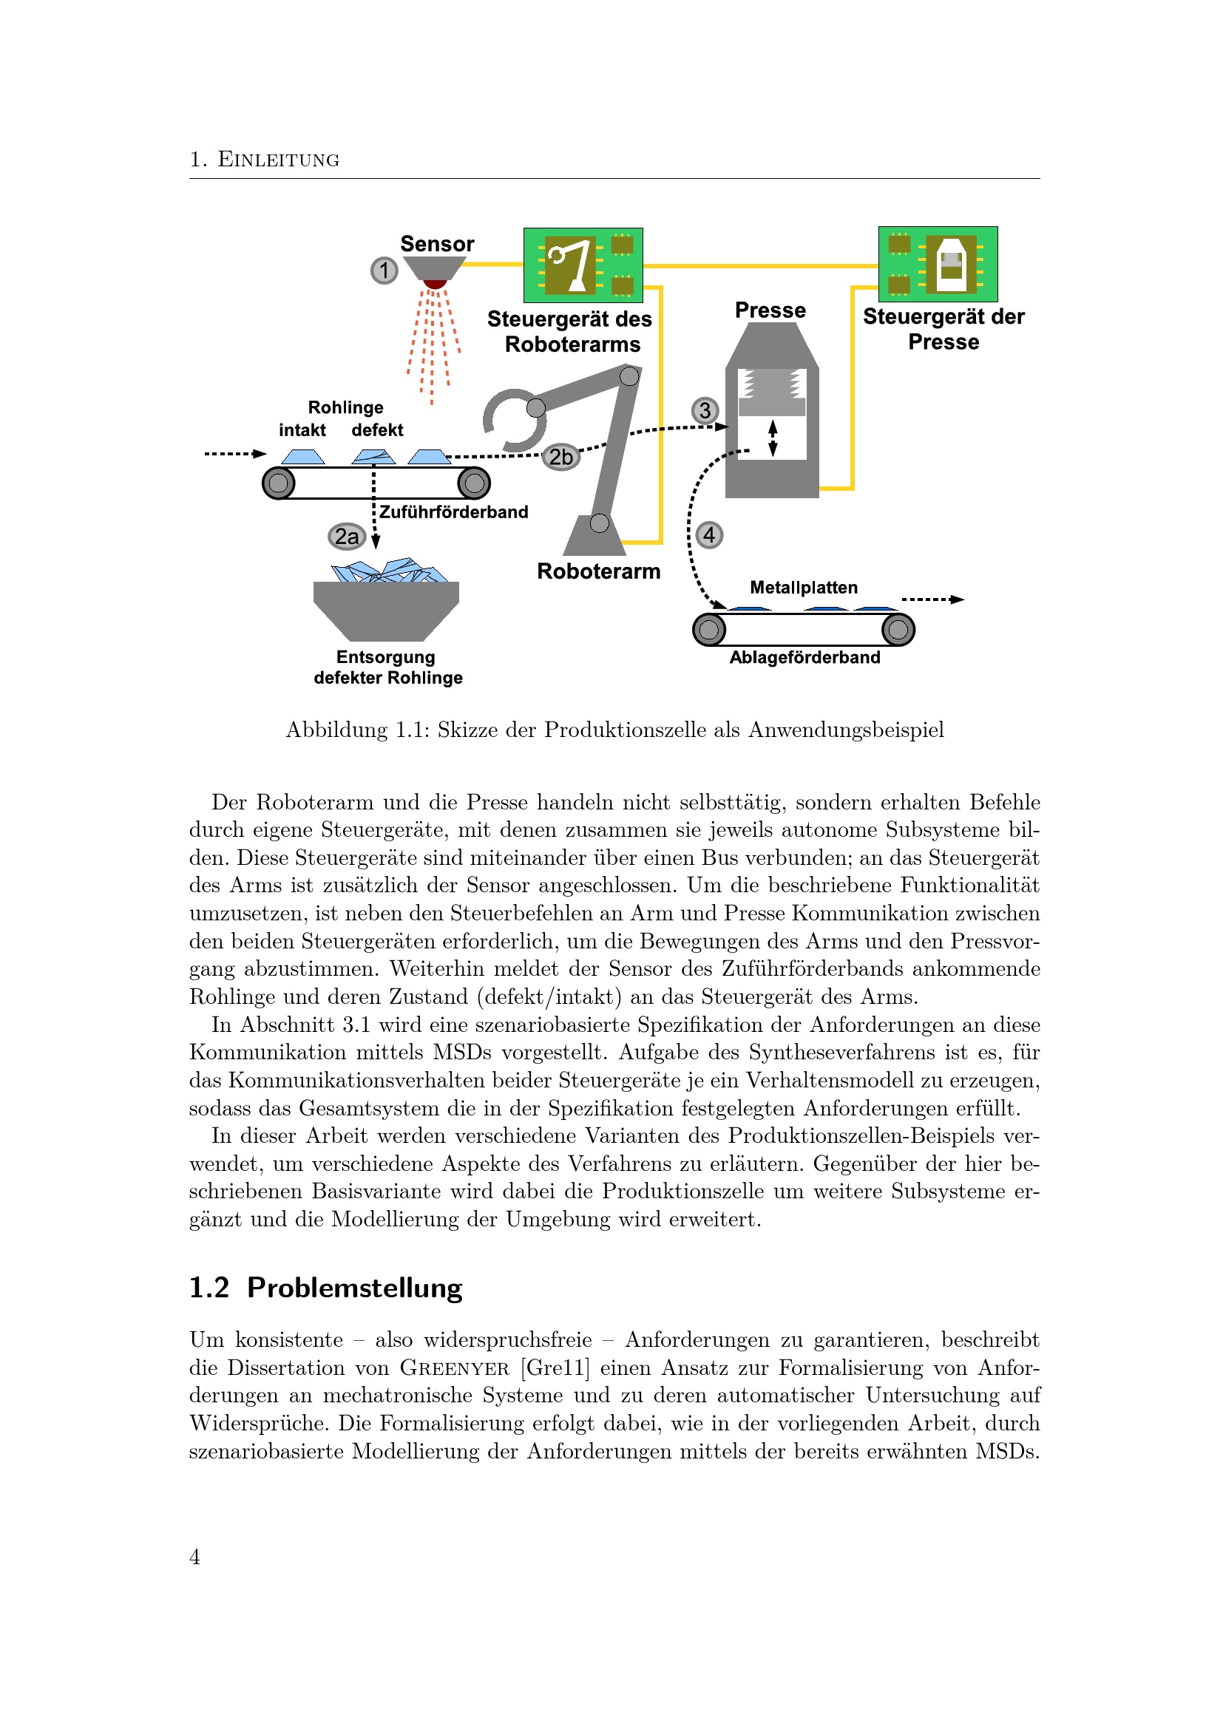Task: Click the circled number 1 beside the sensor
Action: (384, 271)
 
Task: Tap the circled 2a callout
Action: (346, 536)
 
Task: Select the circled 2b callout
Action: (561, 456)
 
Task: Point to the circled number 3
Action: (705, 410)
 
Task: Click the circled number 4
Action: (709, 535)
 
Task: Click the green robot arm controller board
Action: (583, 265)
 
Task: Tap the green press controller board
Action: (938, 265)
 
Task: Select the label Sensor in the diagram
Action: (437, 244)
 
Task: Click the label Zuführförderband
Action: (453, 512)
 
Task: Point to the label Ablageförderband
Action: (804, 657)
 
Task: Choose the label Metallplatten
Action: (804, 588)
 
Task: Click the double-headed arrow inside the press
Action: (772, 438)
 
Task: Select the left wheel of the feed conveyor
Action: (279, 483)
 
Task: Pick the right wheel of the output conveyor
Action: (898, 630)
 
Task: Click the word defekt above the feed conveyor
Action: (377, 430)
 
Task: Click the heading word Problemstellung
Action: (355, 1288)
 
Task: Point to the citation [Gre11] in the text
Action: (556, 1368)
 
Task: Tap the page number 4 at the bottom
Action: (195, 1557)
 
